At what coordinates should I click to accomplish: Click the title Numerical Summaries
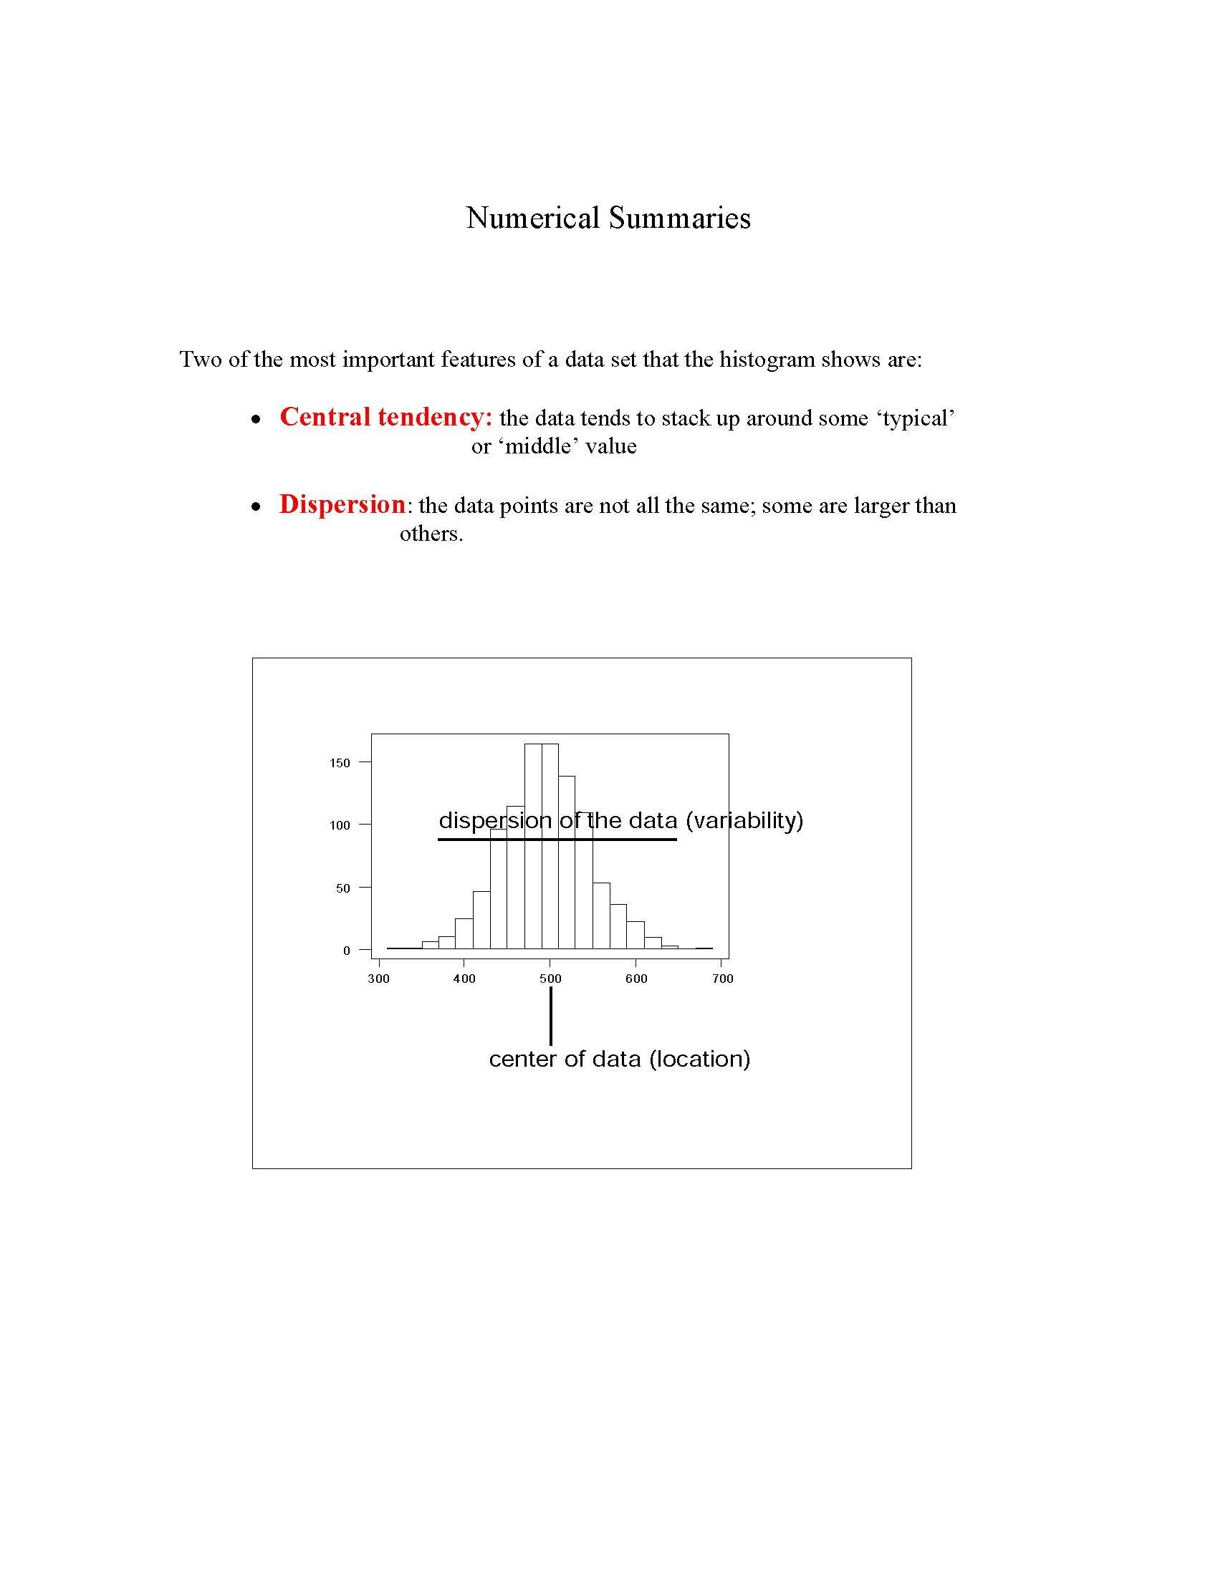pyautogui.click(x=608, y=218)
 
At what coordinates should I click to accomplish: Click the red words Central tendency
pyautogui.click(x=385, y=417)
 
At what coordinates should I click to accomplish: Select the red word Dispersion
pyautogui.click(x=342, y=504)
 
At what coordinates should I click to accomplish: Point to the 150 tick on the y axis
pyautogui.click(x=340, y=763)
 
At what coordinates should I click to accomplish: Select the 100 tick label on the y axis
pyautogui.click(x=340, y=825)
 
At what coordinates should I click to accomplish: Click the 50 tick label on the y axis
pyautogui.click(x=342, y=888)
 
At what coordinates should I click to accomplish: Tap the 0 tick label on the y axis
pyautogui.click(x=346, y=951)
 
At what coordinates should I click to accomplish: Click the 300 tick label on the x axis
pyautogui.click(x=378, y=979)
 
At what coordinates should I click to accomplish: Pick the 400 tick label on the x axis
pyautogui.click(x=464, y=979)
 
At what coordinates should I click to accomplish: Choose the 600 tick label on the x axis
pyautogui.click(x=636, y=979)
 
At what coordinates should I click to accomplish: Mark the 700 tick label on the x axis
pyautogui.click(x=722, y=979)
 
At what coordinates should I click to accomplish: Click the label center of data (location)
pyautogui.click(x=619, y=1060)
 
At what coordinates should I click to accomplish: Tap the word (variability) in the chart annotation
pyautogui.click(x=744, y=820)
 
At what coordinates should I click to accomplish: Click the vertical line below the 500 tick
pyautogui.click(x=550, y=1016)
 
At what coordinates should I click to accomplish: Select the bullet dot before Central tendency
pyautogui.click(x=256, y=419)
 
